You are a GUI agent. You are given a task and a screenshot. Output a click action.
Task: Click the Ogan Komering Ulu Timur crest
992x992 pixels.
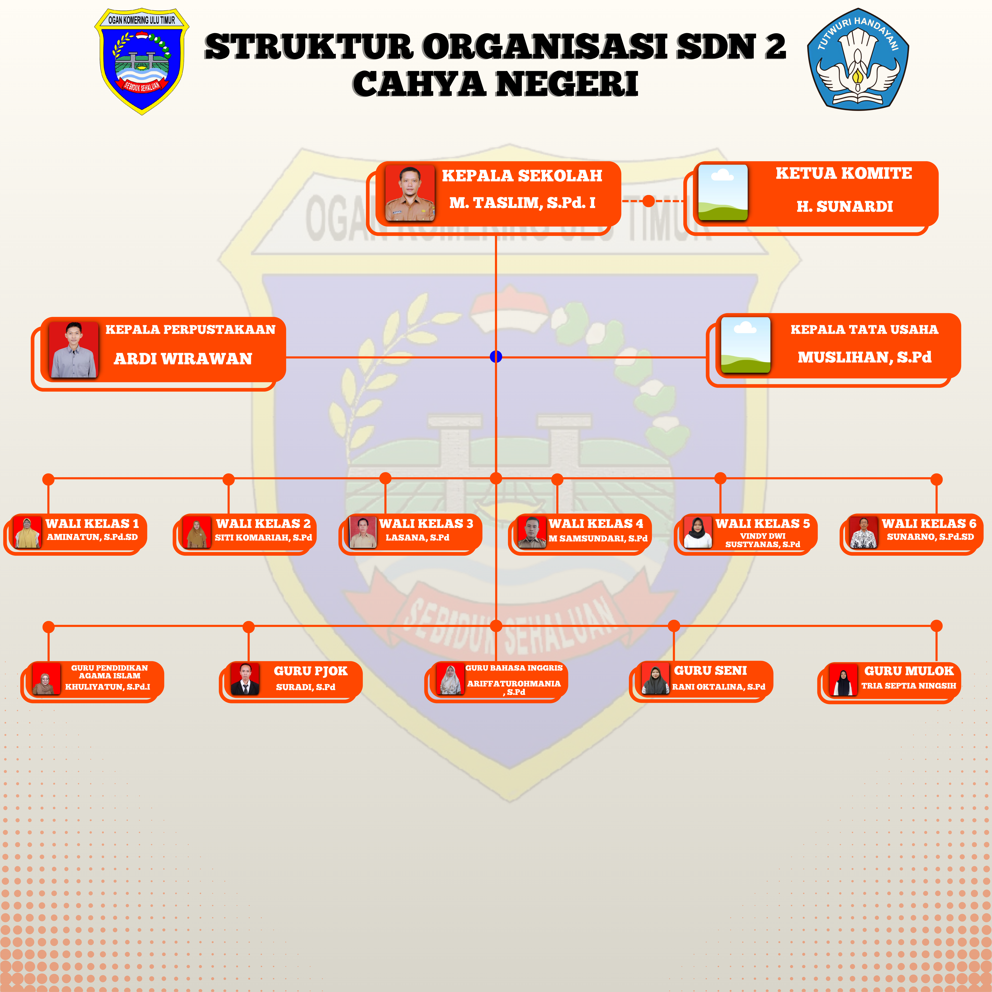point(142,61)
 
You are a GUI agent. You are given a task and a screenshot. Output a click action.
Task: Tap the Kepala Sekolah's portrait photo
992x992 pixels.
point(410,193)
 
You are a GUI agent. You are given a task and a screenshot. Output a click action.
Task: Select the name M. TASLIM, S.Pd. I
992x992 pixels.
point(522,203)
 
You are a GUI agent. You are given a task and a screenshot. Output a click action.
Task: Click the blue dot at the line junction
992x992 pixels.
point(496,356)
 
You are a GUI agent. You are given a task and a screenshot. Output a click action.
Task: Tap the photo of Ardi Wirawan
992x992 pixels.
point(73,350)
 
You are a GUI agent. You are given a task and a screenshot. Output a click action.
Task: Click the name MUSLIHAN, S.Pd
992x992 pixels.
point(864,357)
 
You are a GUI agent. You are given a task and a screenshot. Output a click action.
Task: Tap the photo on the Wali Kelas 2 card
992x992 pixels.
point(197,532)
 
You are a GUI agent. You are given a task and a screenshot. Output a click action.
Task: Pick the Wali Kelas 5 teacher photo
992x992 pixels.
point(698,532)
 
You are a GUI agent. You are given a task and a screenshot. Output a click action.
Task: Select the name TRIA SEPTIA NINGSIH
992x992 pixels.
point(908,685)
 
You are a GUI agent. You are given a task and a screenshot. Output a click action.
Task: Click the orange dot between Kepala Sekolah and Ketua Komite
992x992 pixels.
point(649,201)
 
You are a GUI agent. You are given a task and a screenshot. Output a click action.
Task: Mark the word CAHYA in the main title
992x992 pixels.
point(418,84)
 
